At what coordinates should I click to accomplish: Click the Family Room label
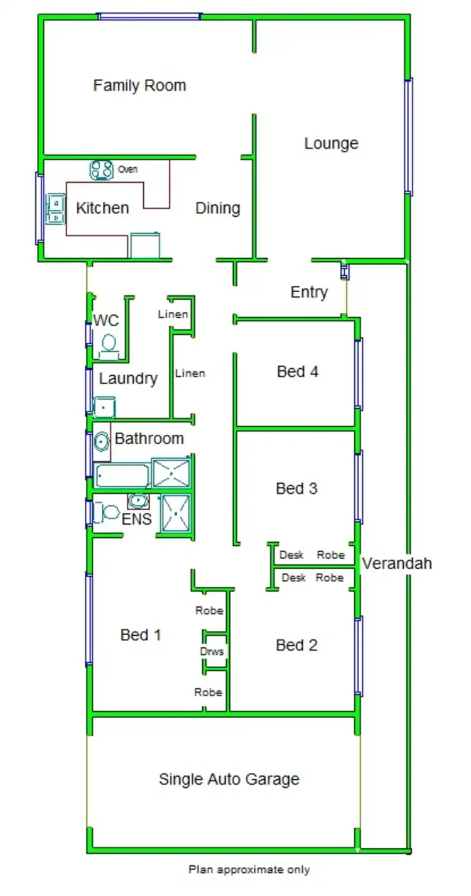click(139, 85)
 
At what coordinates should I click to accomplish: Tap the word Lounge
click(331, 143)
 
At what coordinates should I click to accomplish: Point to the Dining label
click(217, 208)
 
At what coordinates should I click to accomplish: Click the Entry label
click(309, 292)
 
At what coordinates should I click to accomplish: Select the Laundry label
click(128, 378)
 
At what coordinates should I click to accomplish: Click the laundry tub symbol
click(104, 407)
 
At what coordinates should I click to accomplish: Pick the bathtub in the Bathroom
click(122, 476)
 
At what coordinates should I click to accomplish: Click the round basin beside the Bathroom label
click(102, 441)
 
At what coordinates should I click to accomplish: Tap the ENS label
click(136, 520)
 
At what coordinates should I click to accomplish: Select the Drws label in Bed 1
click(212, 652)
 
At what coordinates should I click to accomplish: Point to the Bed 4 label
click(297, 371)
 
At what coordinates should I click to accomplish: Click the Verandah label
click(396, 563)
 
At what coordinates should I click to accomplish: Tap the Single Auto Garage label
click(229, 779)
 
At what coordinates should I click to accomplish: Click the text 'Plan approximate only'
click(249, 870)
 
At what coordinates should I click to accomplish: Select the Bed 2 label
click(296, 645)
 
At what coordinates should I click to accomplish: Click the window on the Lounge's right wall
click(409, 136)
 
